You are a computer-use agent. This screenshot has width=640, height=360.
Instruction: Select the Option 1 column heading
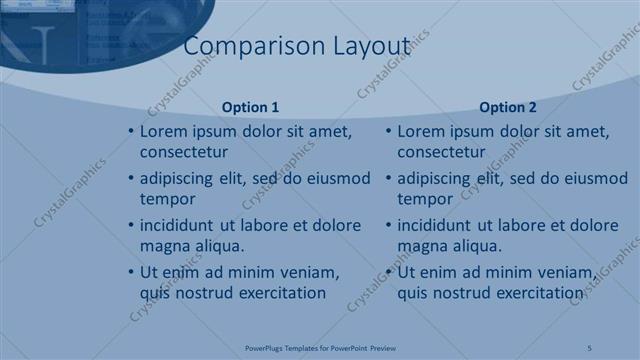coord(250,107)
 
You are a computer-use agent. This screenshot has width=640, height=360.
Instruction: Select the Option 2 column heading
coord(508,107)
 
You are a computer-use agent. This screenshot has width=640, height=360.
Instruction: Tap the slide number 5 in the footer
coord(590,348)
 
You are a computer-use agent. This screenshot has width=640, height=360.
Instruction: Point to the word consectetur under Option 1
coord(183,152)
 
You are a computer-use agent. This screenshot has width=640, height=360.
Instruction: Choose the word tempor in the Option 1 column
coord(167,199)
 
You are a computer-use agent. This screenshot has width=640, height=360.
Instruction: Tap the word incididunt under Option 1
coord(180,226)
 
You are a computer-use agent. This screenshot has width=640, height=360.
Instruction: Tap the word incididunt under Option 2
coord(438,226)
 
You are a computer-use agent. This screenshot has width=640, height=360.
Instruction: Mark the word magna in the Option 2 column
coord(421,246)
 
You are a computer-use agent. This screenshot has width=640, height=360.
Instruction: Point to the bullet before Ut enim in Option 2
coord(389,273)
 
